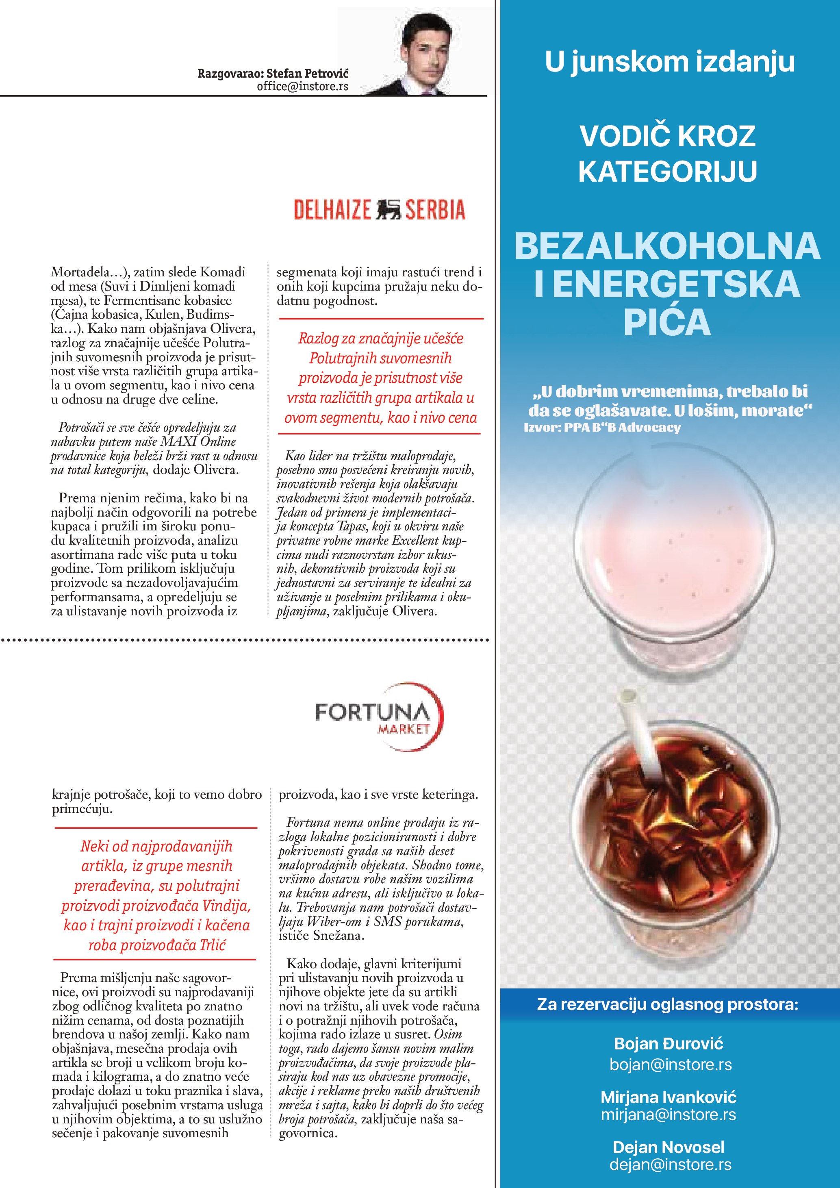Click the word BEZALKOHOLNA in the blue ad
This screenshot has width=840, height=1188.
(667, 246)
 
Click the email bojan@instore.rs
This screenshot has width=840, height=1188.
(671, 1064)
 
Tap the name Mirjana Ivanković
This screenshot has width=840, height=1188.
(668, 1097)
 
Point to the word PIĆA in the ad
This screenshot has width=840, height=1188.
(667, 323)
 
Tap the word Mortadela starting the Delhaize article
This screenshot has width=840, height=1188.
(80, 272)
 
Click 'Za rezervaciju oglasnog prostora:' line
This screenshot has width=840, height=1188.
(667, 1005)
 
